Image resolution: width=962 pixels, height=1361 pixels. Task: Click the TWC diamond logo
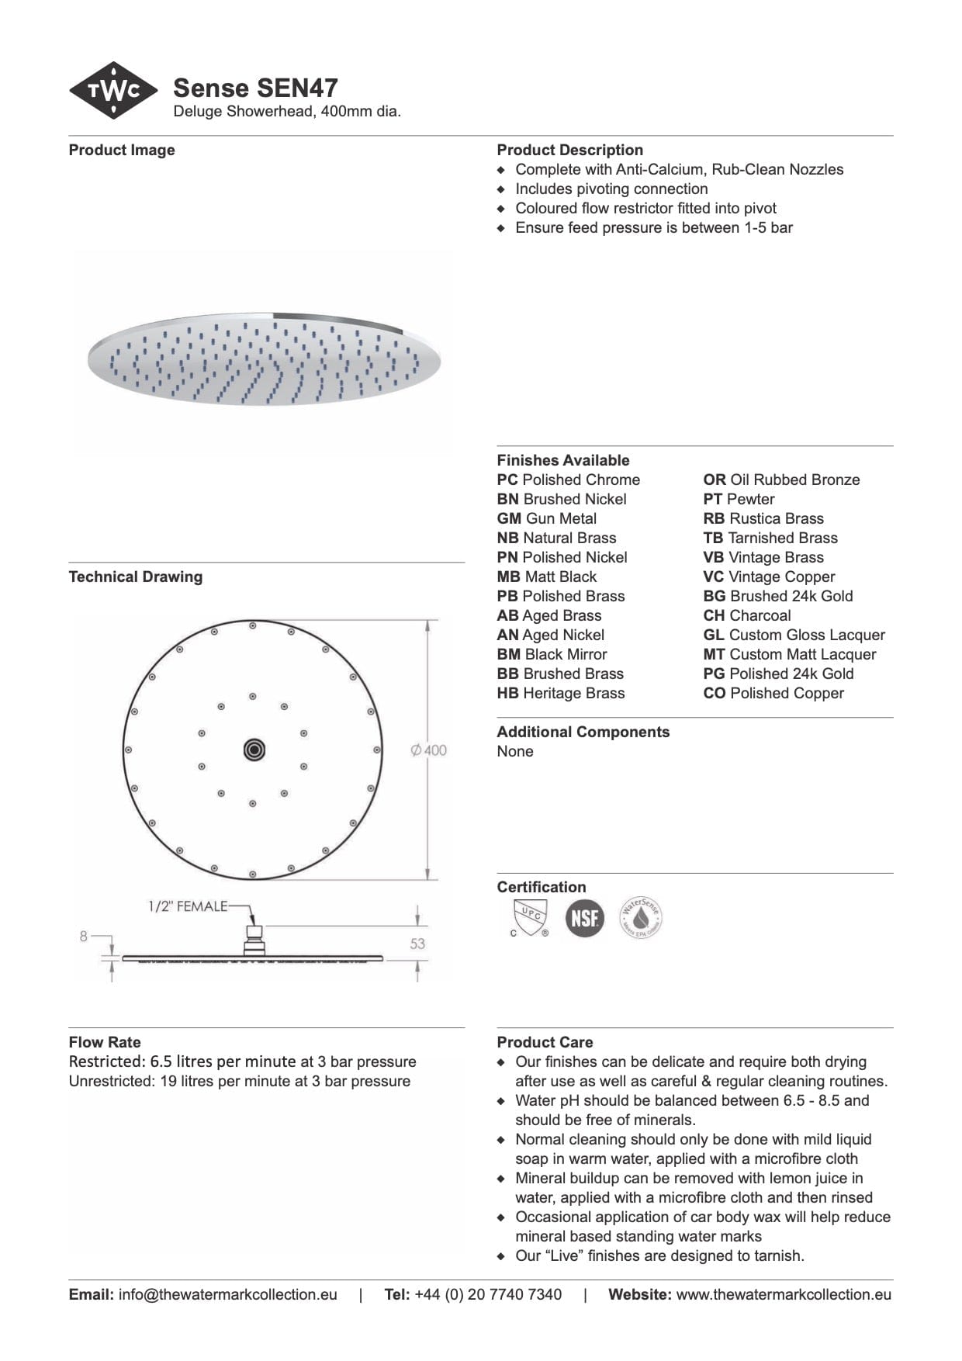[x=113, y=90]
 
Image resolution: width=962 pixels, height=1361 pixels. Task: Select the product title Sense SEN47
[x=255, y=88]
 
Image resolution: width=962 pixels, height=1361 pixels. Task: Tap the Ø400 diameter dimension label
[x=429, y=750]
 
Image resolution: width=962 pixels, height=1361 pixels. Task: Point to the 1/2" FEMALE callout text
[x=188, y=906]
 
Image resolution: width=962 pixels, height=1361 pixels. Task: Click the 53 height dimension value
[x=417, y=944]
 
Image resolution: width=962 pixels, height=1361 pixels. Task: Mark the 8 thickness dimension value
[x=84, y=937]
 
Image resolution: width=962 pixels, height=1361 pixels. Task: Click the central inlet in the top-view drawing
[x=254, y=750]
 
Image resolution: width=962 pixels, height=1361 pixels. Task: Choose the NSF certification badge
[x=584, y=918]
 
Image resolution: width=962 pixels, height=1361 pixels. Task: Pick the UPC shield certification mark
[x=530, y=917]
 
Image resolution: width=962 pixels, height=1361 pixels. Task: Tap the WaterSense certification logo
[x=641, y=918]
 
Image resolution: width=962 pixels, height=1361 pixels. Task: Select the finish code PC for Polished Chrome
[x=507, y=480]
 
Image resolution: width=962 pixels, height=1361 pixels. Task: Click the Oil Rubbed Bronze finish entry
[x=781, y=480]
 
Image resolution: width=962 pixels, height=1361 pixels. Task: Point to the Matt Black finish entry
[x=547, y=577]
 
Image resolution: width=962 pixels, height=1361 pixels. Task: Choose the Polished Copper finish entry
[x=773, y=693]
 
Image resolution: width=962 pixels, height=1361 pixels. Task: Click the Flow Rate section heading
[x=105, y=1042]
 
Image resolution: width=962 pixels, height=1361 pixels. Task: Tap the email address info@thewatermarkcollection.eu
[x=227, y=1294]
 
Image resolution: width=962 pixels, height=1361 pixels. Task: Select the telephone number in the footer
[x=488, y=1294]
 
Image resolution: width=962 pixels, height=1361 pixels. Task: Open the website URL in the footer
[x=784, y=1294]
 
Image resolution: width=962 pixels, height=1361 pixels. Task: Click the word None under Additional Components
[x=515, y=751]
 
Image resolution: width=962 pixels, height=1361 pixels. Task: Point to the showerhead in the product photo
[x=264, y=359]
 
